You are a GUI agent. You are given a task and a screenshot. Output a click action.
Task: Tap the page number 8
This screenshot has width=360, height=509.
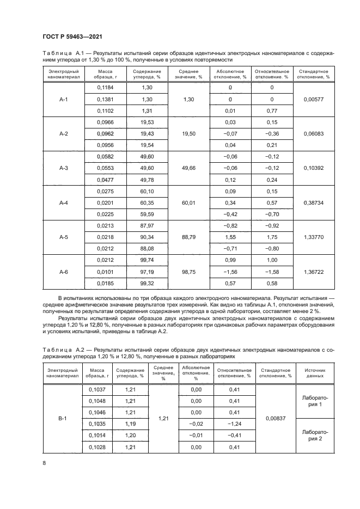[44, 463]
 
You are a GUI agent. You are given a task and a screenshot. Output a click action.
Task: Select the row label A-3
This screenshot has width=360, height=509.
[63, 168]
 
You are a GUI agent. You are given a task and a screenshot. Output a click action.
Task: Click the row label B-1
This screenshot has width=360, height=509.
[63, 419]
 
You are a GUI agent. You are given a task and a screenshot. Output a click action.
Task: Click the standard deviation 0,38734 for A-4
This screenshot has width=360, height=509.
[311, 203]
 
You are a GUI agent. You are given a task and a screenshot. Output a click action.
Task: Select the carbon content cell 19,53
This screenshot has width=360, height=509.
[143, 122]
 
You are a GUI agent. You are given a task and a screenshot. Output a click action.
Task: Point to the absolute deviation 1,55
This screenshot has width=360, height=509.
[230, 237]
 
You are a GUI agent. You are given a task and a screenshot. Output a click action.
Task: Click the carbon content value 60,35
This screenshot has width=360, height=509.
[143, 203]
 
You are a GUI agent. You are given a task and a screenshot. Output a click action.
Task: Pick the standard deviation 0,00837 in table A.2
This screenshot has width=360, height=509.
[275, 419]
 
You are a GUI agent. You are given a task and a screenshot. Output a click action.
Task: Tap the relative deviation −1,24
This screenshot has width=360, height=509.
[235, 423]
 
